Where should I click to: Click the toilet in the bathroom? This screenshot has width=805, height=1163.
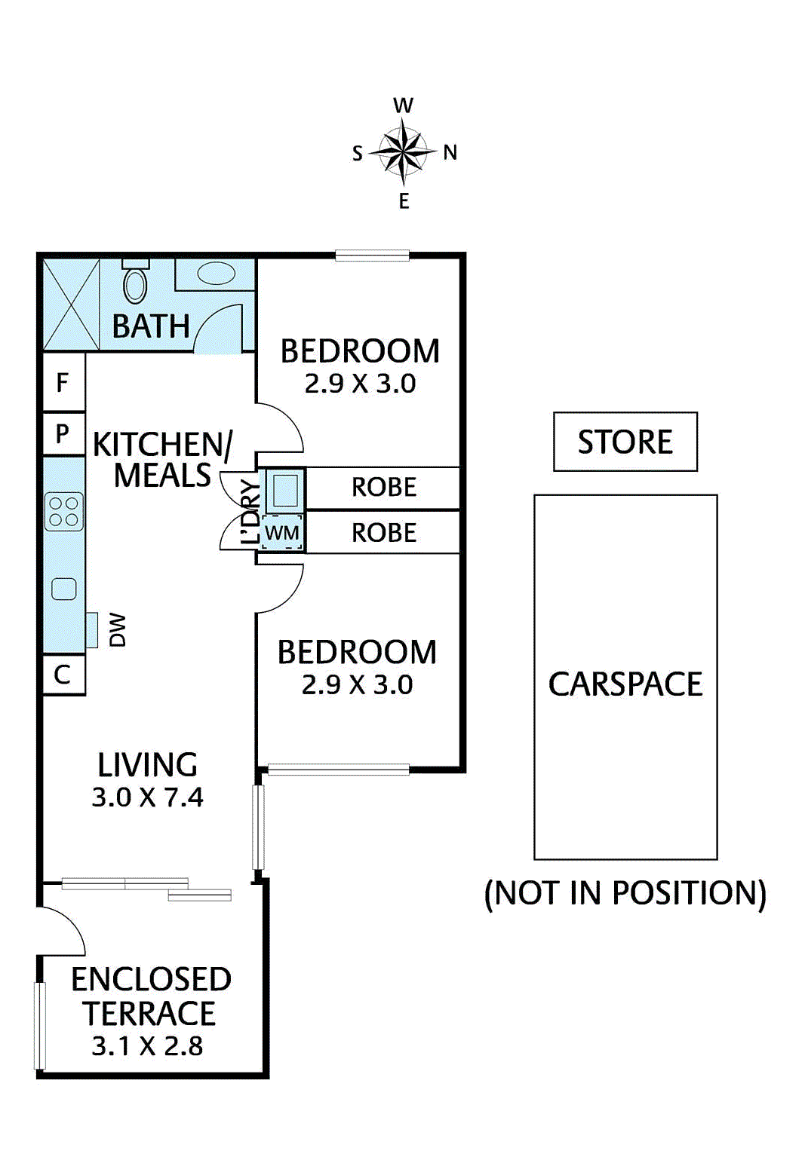[135, 281]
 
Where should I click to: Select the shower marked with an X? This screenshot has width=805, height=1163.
[71, 305]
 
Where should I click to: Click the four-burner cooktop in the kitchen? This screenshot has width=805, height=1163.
[64, 512]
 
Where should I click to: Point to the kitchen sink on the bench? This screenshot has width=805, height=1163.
[64, 589]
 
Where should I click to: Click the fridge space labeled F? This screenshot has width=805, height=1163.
[63, 382]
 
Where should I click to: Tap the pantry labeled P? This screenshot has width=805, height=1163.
[63, 433]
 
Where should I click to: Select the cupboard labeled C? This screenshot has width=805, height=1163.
[63, 675]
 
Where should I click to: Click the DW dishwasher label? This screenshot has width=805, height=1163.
[118, 630]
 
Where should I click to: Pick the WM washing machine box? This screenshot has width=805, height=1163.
[281, 532]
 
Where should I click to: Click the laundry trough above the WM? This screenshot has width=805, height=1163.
[284, 490]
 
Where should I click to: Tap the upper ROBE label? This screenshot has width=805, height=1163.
[384, 487]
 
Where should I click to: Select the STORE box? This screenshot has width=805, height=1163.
[625, 442]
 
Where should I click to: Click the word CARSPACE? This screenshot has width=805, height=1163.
[625, 684]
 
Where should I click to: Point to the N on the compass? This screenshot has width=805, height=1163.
[450, 153]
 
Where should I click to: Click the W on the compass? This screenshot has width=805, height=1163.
[404, 106]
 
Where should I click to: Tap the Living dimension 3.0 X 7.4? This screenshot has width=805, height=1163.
[148, 797]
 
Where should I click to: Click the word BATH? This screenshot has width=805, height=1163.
[151, 326]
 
